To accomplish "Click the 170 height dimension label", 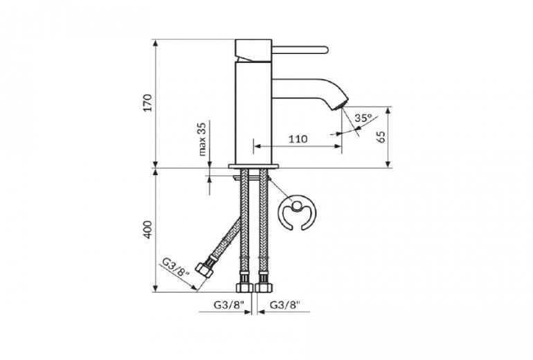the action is [147, 102].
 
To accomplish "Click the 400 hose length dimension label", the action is [147, 229].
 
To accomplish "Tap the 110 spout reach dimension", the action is [298, 138].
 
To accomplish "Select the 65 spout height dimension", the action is [381, 136].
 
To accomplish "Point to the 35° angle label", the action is [363, 118].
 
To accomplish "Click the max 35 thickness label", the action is [202, 139].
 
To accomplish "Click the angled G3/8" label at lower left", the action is [175, 273].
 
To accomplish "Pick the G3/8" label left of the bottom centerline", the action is [229, 305].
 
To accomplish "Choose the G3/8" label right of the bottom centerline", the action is [285, 305].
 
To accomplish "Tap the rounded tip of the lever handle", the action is [325, 50].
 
